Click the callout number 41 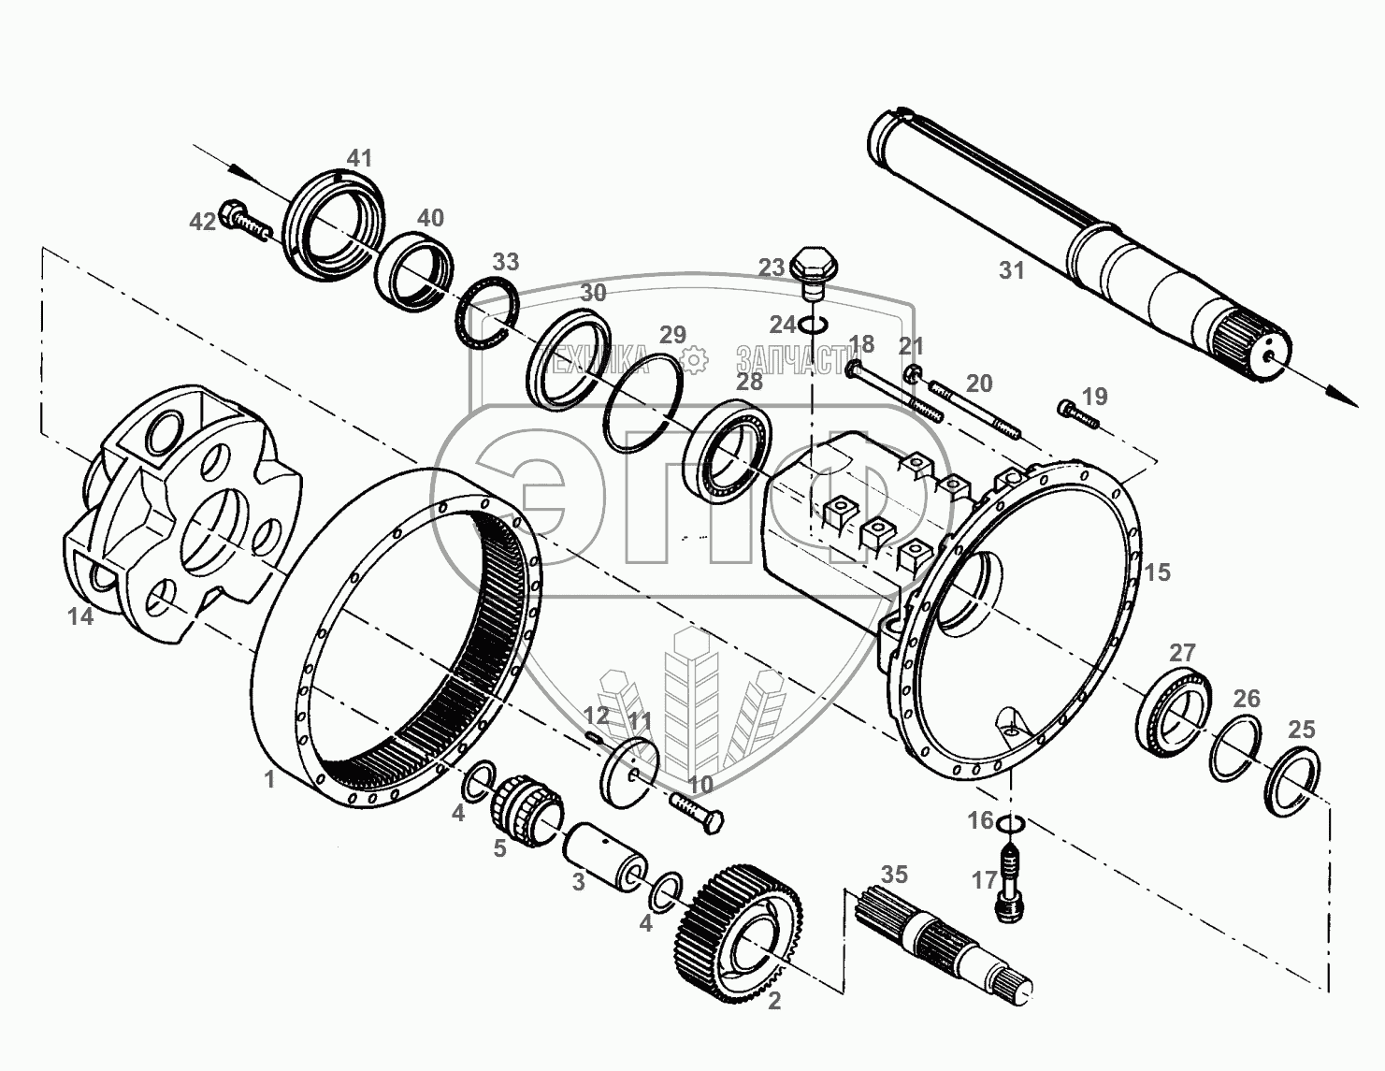tap(359, 158)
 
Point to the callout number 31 tap(1012, 271)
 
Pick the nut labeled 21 tap(913, 375)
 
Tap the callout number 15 tap(1157, 572)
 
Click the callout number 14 tap(81, 616)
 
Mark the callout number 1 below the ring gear tap(269, 778)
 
